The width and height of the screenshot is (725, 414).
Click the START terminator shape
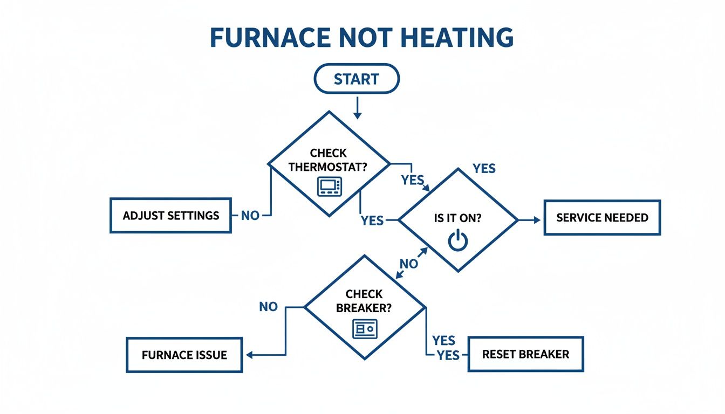356,79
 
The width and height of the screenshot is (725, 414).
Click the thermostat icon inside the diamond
330,187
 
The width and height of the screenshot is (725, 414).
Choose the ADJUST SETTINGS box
170,216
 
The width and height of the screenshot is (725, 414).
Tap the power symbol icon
457,240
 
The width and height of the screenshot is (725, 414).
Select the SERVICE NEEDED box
602,218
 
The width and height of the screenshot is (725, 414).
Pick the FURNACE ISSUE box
184,355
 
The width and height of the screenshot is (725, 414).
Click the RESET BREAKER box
525,354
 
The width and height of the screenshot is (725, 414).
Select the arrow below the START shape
357,108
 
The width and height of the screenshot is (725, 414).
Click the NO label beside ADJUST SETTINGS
250,216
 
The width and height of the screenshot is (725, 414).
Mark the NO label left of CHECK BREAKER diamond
268,307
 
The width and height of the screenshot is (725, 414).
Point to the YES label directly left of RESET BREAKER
448,355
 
